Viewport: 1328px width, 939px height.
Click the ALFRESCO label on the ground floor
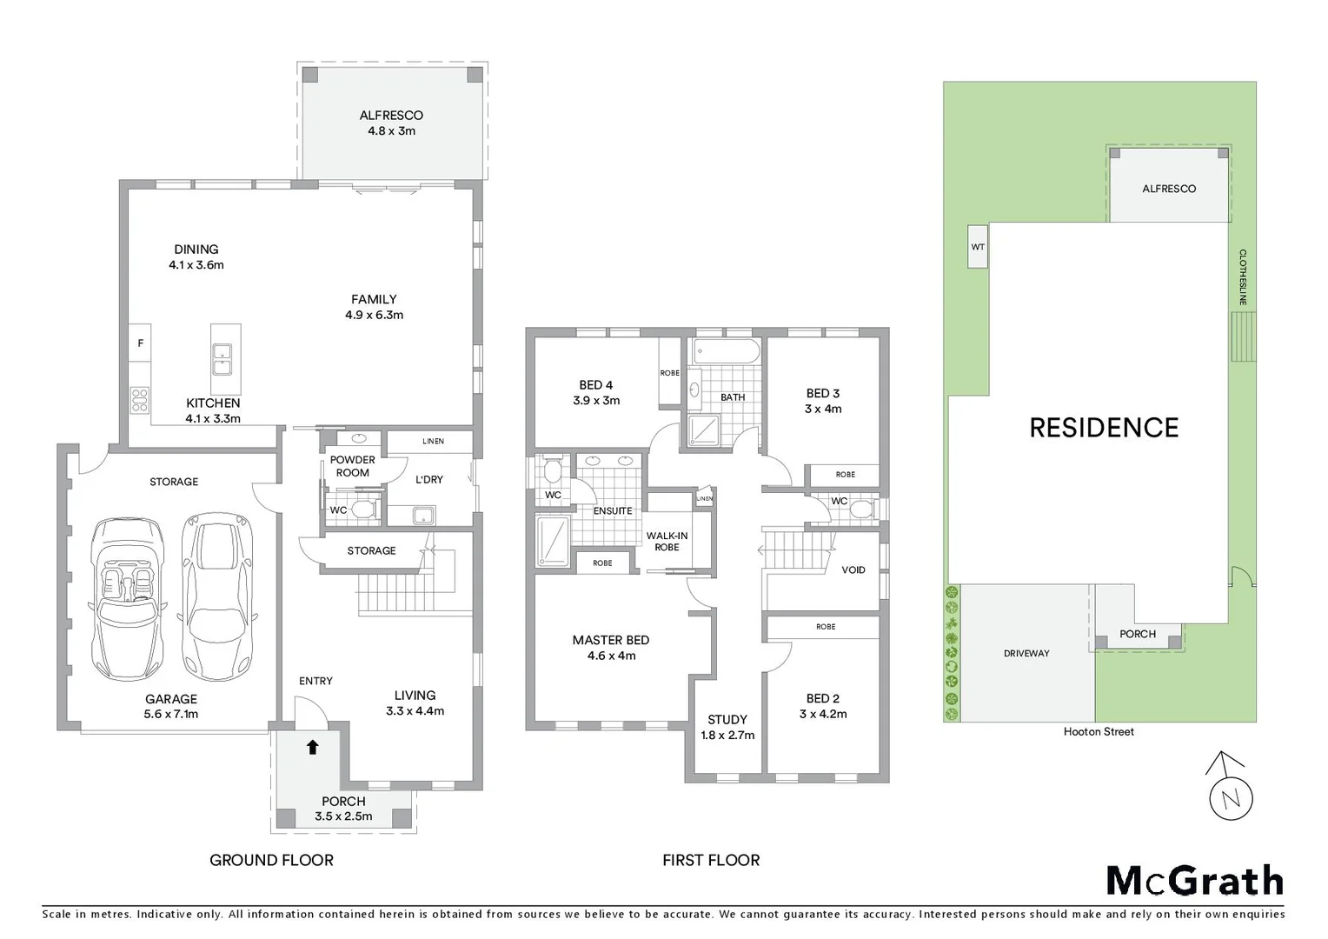(x=391, y=116)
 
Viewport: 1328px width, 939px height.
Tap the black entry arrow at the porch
(x=312, y=747)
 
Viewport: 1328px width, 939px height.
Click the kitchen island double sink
(x=222, y=358)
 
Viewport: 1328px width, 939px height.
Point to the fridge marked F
(x=140, y=343)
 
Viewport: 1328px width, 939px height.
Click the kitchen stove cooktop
(x=139, y=399)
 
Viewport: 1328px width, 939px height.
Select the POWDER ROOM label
(x=352, y=466)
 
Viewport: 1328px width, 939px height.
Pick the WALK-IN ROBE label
(x=667, y=541)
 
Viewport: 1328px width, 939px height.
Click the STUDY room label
(x=727, y=720)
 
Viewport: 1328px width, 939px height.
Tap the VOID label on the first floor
(x=853, y=570)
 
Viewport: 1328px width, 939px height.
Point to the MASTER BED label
(x=610, y=640)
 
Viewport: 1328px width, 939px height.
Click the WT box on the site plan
(x=978, y=247)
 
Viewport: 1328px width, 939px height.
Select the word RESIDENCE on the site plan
(x=1104, y=428)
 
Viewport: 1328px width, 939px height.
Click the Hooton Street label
(x=1099, y=732)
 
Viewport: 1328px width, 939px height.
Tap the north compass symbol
(x=1230, y=788)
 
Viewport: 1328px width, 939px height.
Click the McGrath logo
(x=1194, y=881)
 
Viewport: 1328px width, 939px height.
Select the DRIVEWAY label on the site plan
(x=1026, y=654)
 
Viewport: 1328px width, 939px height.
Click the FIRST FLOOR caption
(x=711, y=861)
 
